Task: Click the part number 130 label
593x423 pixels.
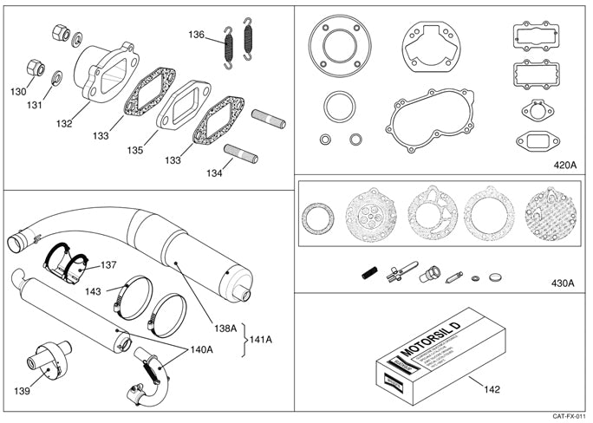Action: coord(18,91)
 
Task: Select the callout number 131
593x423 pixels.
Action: coord(35,106)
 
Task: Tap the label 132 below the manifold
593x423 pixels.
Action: coord(64,123)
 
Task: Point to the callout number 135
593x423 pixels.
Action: coord(134,150)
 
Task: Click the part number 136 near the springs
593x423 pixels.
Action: coord(198,36)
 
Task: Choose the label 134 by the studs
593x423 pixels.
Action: coord(213,172)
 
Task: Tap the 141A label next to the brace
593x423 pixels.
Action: coord(262,338)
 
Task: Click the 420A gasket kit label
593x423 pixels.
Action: coord(565,164)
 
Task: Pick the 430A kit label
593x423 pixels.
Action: coord(565,283)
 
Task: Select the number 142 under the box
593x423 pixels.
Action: coord(492,389)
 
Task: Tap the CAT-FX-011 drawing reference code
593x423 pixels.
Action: coord(567,417)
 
